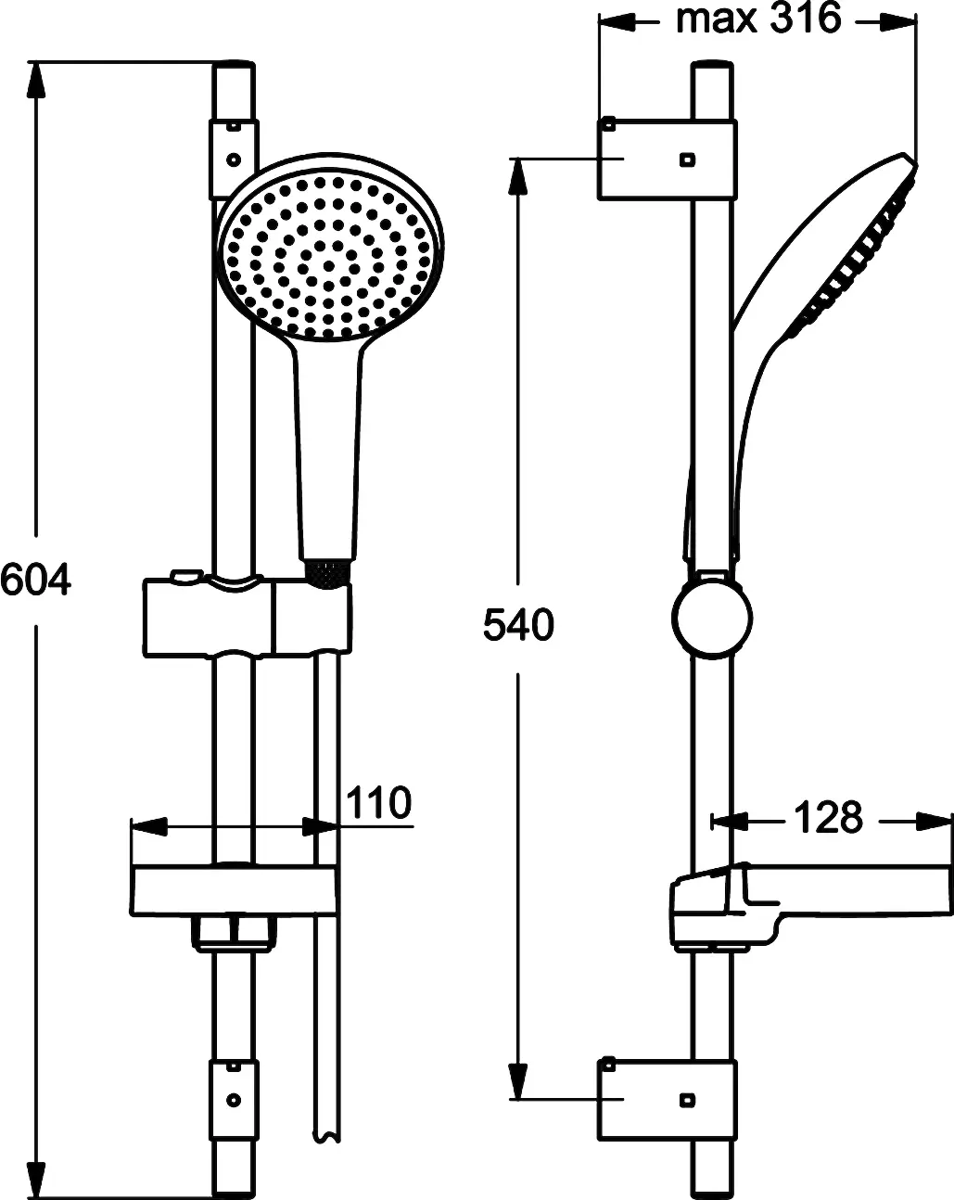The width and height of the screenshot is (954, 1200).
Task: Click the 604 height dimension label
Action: [x=35, y=581]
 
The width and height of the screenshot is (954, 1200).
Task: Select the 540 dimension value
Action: [x=517, y=626]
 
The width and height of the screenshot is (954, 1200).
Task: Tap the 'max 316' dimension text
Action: [x=757, y=19]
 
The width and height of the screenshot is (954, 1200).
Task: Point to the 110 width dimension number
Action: [x=377, y=803]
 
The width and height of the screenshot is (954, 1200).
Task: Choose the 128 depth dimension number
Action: [x=827, y=818]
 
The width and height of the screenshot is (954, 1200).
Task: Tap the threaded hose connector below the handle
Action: [x=327, y=573]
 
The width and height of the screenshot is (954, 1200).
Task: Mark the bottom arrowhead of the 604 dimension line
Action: [x=36, y=1181]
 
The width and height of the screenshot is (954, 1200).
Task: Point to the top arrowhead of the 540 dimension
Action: [x=518, y=176]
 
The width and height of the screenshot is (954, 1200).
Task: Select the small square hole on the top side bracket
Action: [x=685, y=160]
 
